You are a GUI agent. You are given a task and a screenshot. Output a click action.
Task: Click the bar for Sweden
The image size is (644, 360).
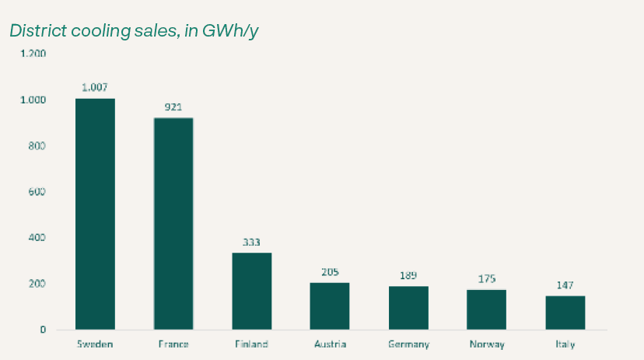(x=95, y=214)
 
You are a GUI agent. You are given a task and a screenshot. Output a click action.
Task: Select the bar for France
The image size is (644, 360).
(x=173, y=224)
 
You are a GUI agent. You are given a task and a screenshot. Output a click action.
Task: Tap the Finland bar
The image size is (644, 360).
(x=252, y=291)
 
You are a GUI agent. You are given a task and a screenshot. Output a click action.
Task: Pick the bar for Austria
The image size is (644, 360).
(x=330, y=306)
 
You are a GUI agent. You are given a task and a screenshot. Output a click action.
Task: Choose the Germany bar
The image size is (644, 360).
(x=408, y=308)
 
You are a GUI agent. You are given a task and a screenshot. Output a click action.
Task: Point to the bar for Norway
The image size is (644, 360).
(x=487, y=309)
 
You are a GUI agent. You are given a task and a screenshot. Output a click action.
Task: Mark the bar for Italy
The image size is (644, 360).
(x=565, y=313)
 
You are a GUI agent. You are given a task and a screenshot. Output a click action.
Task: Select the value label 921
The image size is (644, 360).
(x=173, y=107)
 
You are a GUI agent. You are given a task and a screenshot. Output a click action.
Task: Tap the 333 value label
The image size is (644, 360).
(x=252, y=242)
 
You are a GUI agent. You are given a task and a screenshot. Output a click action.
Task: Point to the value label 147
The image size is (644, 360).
(x=565, y=285)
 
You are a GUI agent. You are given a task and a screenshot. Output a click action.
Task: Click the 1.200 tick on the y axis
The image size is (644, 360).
(x=33, y=54)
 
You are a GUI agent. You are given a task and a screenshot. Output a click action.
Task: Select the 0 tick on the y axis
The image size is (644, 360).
(x=43, y=330)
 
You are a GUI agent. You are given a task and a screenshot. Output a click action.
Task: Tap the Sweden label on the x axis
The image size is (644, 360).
(x=95, y=344)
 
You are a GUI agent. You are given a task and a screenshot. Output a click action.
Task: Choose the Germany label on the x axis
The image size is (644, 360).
(x=408, y=344)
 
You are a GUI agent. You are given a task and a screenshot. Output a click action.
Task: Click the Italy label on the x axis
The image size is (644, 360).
(x=565, y=344)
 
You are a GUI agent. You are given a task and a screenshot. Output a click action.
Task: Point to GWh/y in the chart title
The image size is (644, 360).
(x=233, y=31)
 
